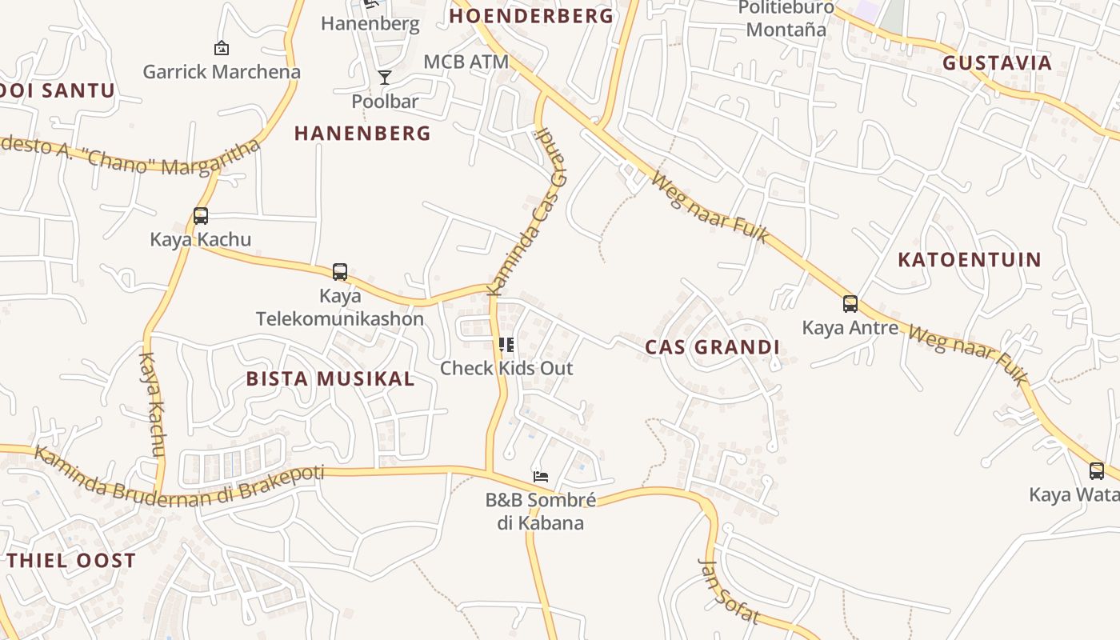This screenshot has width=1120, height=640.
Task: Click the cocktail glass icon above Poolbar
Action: (x=385, y=78)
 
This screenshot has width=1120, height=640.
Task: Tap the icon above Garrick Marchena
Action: (x=222, y=49)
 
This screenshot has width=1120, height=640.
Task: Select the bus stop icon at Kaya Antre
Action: (x=850, y=304)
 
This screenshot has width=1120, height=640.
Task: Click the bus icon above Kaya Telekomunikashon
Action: (x=340, y=272)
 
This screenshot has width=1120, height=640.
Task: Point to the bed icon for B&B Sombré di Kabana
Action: (x=541, y=477)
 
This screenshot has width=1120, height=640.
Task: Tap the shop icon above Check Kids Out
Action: (x=506, y=345)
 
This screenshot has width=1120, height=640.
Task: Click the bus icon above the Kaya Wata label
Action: (x=1096, y=471)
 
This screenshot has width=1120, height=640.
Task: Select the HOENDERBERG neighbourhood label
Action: (x=531, y=16)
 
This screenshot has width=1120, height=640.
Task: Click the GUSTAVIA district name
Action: (x=997, y=63)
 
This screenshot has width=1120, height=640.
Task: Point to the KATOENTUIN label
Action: (x=970, y=260)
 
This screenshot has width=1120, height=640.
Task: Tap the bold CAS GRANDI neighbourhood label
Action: (x=712, y=347)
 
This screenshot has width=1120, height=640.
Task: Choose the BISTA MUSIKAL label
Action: (x=330, y=379)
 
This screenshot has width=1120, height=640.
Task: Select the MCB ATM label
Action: (x=466, y=62)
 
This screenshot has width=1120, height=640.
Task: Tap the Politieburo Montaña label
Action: (x=786, y=19)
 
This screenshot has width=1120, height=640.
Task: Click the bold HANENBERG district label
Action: (x=362, y=133)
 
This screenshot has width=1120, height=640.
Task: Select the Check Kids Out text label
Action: (x=506, y=369)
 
